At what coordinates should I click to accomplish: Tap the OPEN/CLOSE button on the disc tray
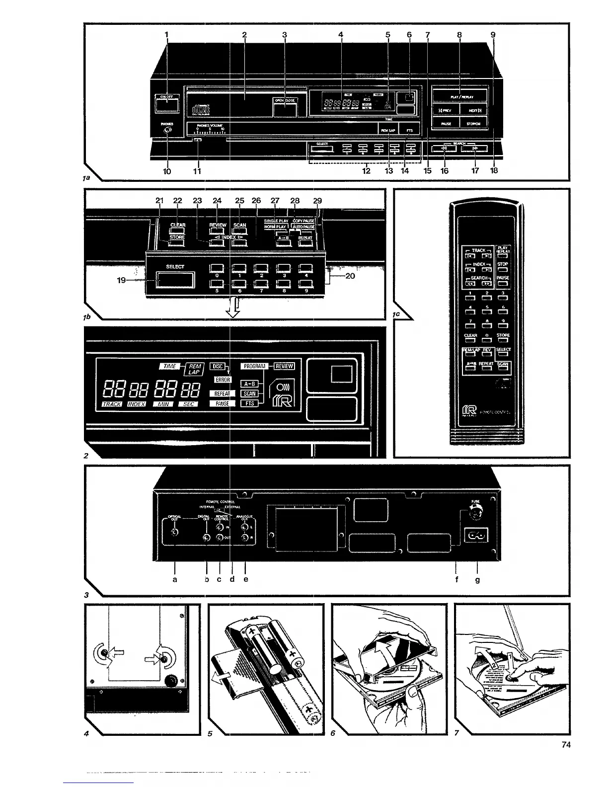pos(285,107)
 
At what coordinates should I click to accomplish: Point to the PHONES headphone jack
pos(167,131)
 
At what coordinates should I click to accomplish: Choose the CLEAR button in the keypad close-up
pos(178,225)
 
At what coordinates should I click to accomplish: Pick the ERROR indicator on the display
pos(223,380)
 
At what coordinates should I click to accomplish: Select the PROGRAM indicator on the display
pos(254,366)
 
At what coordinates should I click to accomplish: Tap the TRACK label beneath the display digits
pos(112,404)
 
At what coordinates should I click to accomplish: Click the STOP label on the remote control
pos(503,264)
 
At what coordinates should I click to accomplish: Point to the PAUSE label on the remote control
pos(503,278)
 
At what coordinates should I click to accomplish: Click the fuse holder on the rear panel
pos(476,514)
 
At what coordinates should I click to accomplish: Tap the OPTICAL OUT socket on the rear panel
pos(174,533)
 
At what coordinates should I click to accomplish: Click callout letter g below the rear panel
pos(477,579)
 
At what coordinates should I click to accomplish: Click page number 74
pos(566,744)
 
